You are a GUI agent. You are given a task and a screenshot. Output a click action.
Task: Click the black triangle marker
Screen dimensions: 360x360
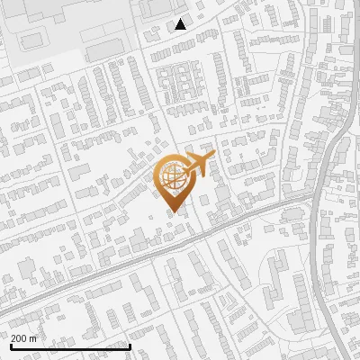[181, 24]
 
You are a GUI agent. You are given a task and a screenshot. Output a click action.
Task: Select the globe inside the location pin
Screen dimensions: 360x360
[172, 175]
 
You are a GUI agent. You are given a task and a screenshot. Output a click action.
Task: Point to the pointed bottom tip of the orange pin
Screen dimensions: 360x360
[172, 212]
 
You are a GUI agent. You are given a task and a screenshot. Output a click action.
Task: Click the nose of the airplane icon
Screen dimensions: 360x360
[212, 157]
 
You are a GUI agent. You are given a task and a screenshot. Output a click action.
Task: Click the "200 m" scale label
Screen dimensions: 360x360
[23, 338]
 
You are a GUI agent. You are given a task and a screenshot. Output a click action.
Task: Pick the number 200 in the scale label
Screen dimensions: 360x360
[20, 338]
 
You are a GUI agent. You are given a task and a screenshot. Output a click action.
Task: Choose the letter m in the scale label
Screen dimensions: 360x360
[32, 338]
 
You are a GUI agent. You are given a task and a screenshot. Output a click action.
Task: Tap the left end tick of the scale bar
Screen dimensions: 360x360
[11, 345]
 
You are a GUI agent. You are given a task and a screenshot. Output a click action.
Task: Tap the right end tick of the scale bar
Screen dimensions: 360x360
[130, 345]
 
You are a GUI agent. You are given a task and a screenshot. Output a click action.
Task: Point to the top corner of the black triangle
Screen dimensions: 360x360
[181, 19]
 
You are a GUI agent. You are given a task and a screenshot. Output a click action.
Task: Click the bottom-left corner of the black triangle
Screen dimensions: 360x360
[175, 29]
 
